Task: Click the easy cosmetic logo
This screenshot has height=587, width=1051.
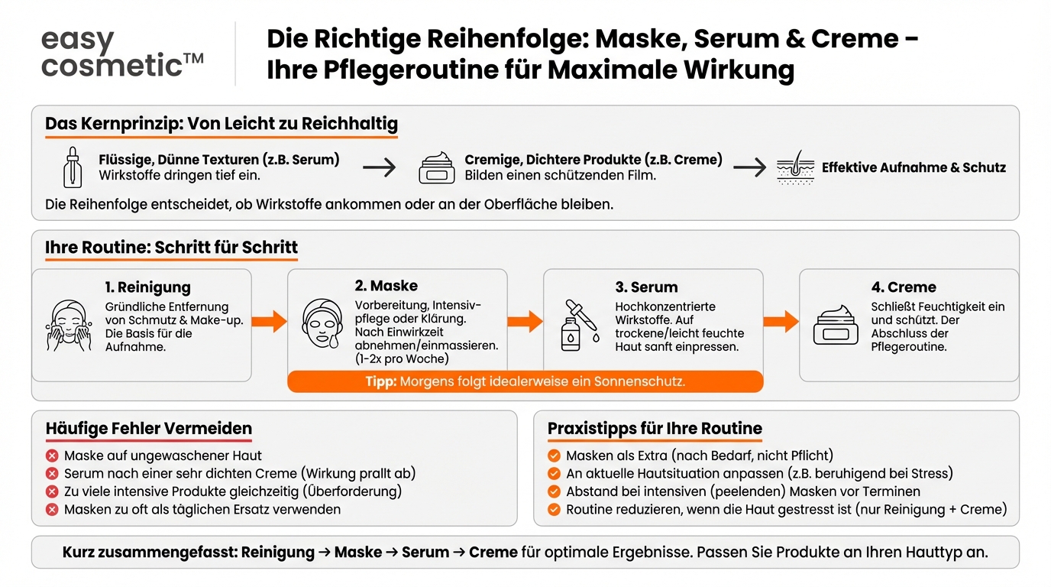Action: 122,53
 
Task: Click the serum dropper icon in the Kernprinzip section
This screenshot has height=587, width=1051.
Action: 73,167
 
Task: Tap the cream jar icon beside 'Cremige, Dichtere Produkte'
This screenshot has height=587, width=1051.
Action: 437,167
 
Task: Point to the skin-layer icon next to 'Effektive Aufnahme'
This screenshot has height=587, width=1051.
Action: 795,167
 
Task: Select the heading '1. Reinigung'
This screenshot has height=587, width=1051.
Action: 148,287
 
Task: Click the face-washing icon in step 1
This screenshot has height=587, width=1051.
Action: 69,326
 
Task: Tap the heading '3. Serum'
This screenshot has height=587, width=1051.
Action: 646,287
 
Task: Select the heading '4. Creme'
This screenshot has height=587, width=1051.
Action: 904,287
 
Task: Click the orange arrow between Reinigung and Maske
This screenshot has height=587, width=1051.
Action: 269,321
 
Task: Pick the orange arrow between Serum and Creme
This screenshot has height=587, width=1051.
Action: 781,321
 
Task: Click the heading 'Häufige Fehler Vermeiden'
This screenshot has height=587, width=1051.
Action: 148,428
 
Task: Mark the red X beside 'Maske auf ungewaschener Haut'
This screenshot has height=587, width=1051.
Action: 53,456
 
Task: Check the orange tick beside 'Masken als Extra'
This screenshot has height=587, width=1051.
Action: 555,456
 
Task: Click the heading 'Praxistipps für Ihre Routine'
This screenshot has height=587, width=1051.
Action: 655,428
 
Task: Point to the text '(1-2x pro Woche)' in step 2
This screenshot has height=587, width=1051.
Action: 402,358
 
